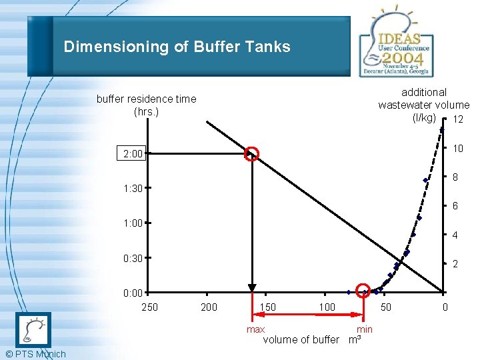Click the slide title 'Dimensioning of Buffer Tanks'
click(x=177, y=47)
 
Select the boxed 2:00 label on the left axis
click(x=133, y=154)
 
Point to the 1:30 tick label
click(x=133, y=189)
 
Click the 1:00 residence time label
click(x=133, y=223)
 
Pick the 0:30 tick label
click(x=133, y=258)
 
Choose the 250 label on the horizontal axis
click(x=150, y=307)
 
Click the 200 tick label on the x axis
click(x=209, y=307)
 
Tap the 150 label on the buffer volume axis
click(x=268, y=307)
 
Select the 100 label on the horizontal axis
click(x=327, y=307)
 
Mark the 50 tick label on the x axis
click(x=385, y=307)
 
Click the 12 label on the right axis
click(x=458, y=119)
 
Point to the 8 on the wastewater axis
click(x=455, y=178)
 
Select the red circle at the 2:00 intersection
click(x=251, y=154)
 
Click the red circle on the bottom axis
click(x=363, y=291)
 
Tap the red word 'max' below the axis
click(x=255, y=329)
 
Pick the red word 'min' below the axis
click(x=365, y=329)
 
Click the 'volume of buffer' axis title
click(x=301, y=340)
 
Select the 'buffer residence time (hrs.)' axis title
click(x=146, y=105)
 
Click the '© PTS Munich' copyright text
click(x=34, y=354)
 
